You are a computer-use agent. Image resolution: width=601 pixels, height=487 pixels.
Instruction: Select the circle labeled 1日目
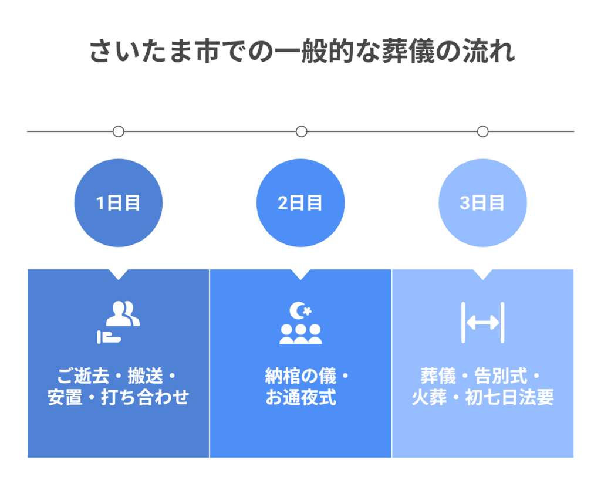coord(119,203)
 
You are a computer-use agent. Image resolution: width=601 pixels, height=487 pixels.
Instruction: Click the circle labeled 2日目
coord(300,203)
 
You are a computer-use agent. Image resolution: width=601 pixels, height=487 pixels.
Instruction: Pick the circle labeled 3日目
coord(482,203)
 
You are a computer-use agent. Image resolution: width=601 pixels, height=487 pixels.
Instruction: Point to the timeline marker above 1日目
coord(119,131)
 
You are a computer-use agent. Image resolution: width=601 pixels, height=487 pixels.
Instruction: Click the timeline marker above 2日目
coord(301,131)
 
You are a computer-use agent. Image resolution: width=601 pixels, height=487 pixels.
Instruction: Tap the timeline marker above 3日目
coord(482,131)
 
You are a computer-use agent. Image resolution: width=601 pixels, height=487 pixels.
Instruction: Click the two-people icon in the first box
coord(123,314)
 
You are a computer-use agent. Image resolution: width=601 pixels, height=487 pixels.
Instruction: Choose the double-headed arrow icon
coord(482,322)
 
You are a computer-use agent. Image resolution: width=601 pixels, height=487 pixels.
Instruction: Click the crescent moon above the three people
coord(300,310)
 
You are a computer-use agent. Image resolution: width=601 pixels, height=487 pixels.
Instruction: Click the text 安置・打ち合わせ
coord(119,397)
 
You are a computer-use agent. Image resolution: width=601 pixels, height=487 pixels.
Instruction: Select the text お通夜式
coord(300,397)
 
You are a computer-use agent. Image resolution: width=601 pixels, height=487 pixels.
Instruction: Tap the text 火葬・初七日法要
coord(482,397)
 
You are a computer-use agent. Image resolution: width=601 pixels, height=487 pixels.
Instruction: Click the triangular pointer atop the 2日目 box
coord(300,274)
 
